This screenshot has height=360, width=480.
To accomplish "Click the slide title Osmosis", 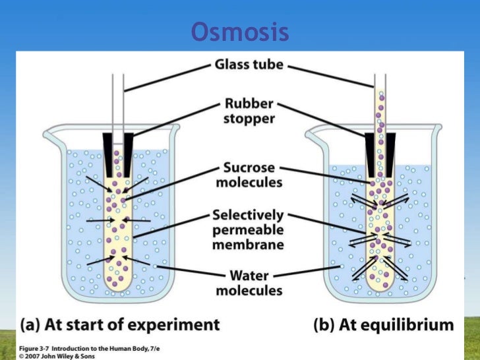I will [240, 32].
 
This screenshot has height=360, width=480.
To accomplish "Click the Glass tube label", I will [249, 65].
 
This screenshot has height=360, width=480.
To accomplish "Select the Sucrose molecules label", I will [249, 174].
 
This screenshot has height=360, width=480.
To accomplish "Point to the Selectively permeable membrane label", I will [248, 229].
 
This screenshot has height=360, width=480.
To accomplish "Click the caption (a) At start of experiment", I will [119, 324].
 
